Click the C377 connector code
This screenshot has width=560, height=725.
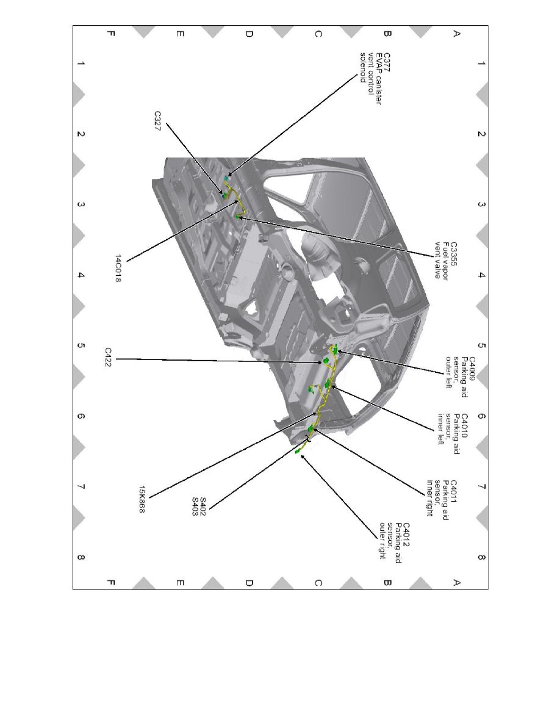click(387, 62)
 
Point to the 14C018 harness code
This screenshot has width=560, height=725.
click(118, 268)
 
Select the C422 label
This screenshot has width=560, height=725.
click(108, 358)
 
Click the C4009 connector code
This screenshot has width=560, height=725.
click(472, 369)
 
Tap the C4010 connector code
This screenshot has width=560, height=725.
click(464, 426)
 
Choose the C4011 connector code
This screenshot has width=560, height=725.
click(453, 492)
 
